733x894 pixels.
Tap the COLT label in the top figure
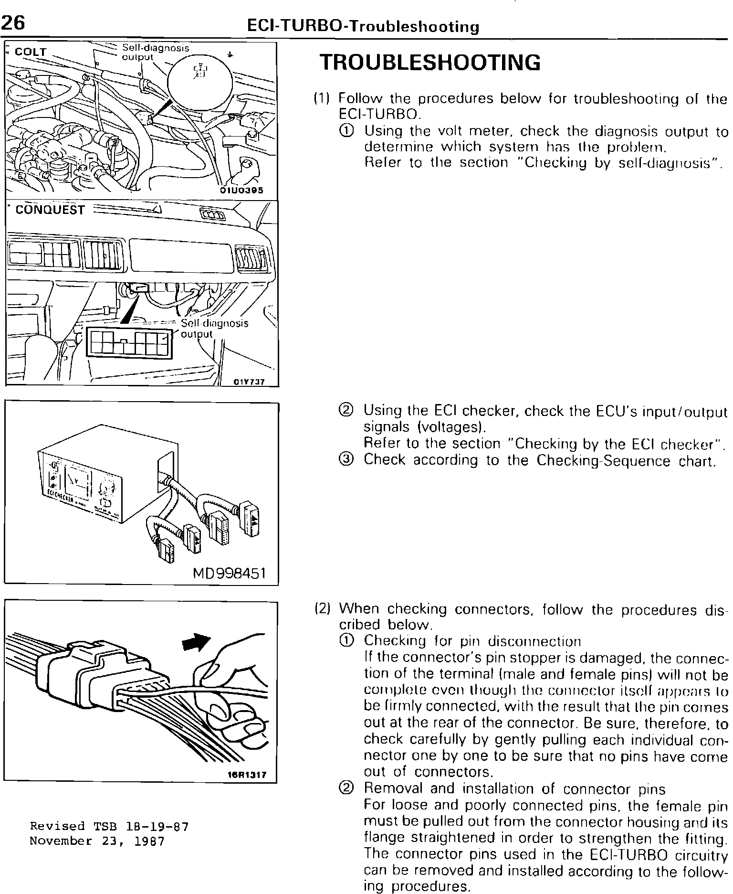click(x=31, y=52)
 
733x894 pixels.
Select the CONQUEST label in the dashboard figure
click(x=50, y=210)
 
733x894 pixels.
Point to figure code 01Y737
click(x=249, y=381)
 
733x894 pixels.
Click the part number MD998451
click(x=229, y=573)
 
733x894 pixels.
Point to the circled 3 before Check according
click(x=346, y=459)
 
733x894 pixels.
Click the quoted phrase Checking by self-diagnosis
click(x=620, y=163)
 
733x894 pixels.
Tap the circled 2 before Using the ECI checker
click(x=346, y=410)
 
